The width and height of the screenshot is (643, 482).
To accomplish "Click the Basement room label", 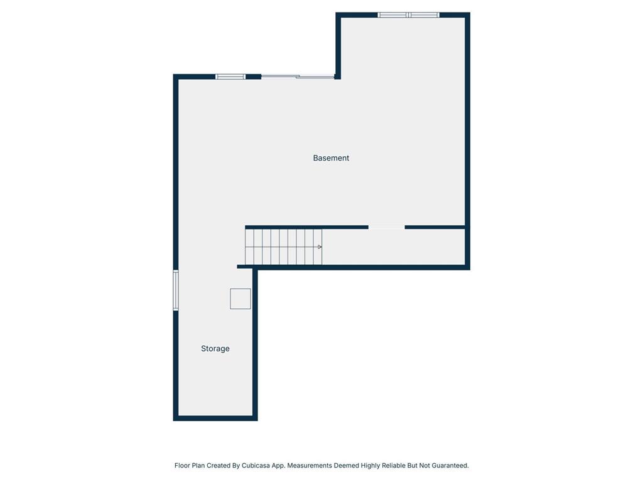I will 331,158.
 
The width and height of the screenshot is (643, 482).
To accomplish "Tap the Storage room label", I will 215,348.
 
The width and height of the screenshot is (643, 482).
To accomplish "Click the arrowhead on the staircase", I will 320,247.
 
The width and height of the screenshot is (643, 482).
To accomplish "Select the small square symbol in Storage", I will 240,299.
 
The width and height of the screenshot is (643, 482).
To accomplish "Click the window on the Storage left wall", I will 176,290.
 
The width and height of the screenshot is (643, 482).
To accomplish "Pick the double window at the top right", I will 408,14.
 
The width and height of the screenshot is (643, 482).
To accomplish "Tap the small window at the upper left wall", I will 230,77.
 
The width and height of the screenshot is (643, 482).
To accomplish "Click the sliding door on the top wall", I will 298,77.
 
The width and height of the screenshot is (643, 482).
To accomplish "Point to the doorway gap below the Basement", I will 386,227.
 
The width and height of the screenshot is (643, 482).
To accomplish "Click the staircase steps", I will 283,247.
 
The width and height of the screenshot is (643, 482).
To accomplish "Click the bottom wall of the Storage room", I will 215,417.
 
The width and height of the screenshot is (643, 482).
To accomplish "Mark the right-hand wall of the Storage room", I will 255,342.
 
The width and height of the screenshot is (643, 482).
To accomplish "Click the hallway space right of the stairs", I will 392,247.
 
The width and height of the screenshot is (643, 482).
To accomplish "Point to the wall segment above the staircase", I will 306,227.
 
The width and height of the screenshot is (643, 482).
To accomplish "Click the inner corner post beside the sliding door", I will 338,77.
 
